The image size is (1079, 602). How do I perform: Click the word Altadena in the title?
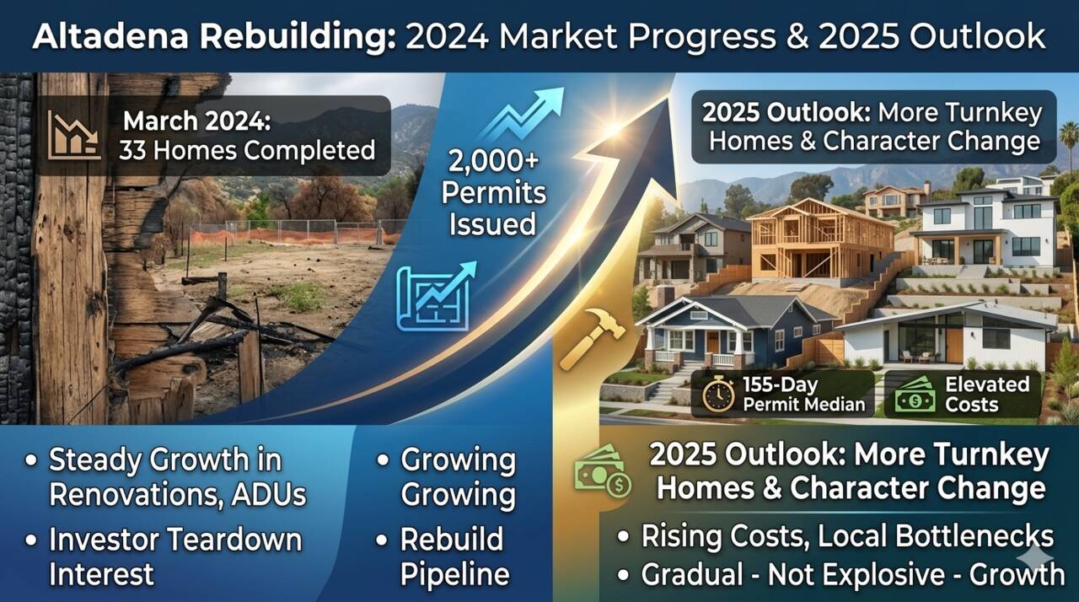click(x=110, y=36)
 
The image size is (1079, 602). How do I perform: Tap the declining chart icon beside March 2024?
click(x=74, y=136)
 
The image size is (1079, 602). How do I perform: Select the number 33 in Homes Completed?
click(x=132, y=150)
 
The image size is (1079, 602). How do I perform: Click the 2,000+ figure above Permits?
click(x=493, y=161)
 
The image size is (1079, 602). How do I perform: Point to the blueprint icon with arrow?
click(x=436, y=296)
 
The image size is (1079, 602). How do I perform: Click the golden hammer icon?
click(x=593, y=339)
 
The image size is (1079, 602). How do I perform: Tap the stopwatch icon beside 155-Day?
click(x=718, y=395)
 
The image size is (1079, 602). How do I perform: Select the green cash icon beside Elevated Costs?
click(x=915, y=395)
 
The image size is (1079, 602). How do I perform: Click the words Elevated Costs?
click(x=987, y=395)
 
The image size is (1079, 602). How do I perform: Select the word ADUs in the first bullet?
click(x=268, y=495)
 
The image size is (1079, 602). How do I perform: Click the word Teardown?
click(x=236, y=540)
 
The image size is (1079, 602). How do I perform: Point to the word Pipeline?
click(x=454, y=573)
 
